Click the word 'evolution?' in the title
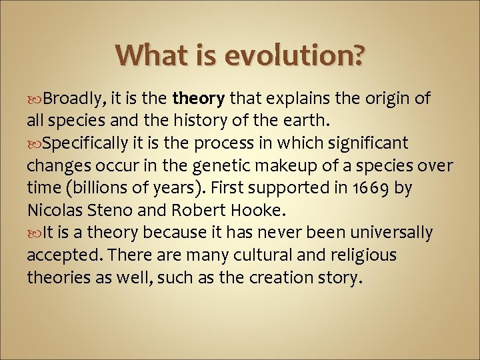point(294,55)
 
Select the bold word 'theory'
point(198,99)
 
